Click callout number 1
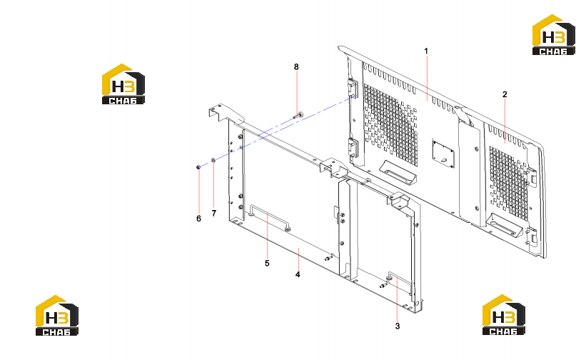point(426,51)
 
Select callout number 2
point(505,94)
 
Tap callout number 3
point(398,326)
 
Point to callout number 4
point(298,274)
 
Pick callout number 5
point(267,263)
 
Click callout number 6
point(199,219)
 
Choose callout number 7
point(213,213)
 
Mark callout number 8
point(296,67)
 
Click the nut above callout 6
point(198,167)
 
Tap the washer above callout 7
point(213,161)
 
